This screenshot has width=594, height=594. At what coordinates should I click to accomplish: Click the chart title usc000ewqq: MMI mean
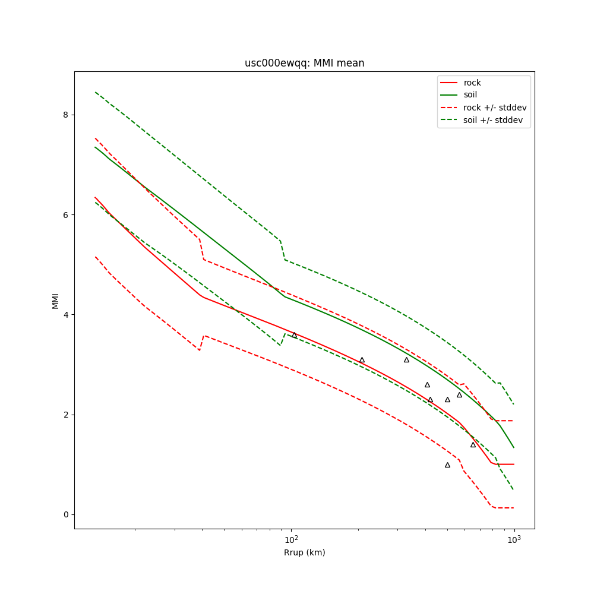(304, 63)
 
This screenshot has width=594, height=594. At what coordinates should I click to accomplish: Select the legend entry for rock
(472, 83)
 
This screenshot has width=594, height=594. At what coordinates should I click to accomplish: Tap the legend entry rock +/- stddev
(495, 108)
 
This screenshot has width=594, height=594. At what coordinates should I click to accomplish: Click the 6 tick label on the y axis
(66, 214)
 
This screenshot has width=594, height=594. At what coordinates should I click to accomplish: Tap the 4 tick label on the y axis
(66, 314)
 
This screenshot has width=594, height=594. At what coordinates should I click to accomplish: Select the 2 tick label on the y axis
(66, 415)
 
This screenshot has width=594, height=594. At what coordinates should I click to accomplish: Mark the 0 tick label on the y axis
(66, 514)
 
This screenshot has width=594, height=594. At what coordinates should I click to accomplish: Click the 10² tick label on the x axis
(291, 539)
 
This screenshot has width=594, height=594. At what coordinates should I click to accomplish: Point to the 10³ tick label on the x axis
(514, 539)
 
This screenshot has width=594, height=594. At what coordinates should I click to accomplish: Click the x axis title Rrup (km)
(304, 552)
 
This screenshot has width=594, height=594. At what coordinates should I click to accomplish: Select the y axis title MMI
(56, 301)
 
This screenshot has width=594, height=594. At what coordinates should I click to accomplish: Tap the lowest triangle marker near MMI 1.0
(447, 465)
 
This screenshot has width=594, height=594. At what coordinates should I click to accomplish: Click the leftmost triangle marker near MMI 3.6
(294, 335)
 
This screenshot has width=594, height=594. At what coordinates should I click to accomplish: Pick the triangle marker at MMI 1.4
(473, 444)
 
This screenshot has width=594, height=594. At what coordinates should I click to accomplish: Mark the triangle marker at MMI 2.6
(427, 385)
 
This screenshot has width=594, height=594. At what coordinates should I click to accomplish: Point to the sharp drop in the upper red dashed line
(201, 249)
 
